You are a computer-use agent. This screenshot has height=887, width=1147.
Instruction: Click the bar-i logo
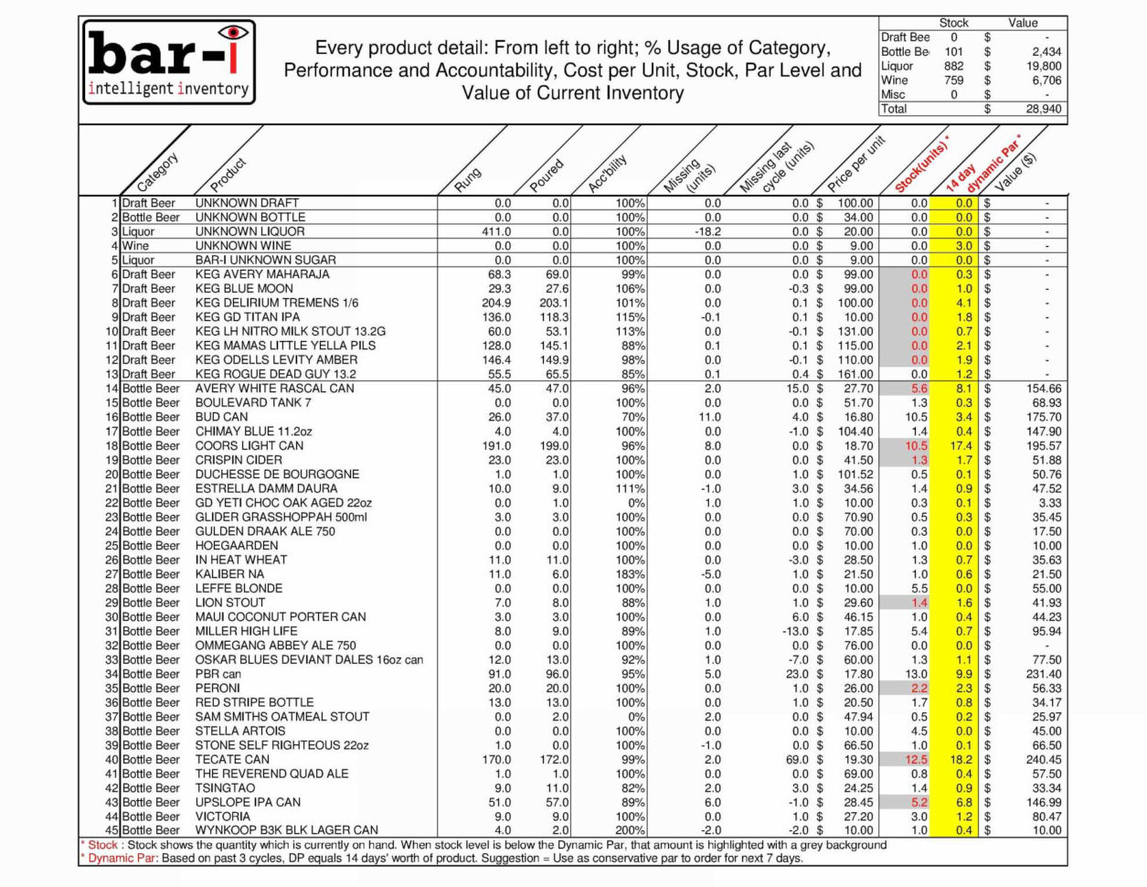[170, 62]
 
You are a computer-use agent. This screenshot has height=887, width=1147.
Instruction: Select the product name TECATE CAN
[232, 759]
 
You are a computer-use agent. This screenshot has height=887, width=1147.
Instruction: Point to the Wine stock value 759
[953, 80]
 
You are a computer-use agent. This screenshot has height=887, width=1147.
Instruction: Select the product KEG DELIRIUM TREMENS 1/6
[277, 303]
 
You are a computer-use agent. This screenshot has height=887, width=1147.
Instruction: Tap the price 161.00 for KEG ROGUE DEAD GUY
[855, 374]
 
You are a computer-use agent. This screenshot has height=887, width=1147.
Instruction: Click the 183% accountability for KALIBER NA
[630, 573]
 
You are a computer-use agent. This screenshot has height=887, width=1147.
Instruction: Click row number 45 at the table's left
[112, 830]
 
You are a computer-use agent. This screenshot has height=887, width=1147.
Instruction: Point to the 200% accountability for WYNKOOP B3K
[630, 830]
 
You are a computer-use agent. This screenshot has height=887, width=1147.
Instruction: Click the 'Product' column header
[228, 171]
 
